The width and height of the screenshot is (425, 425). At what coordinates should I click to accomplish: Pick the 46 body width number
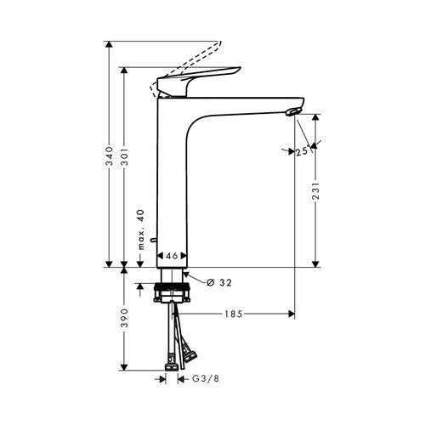coord(172,255)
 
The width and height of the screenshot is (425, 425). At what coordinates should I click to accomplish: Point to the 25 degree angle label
coord(301,152)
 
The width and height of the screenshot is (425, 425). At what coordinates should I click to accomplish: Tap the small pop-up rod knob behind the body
coord(152,244)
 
